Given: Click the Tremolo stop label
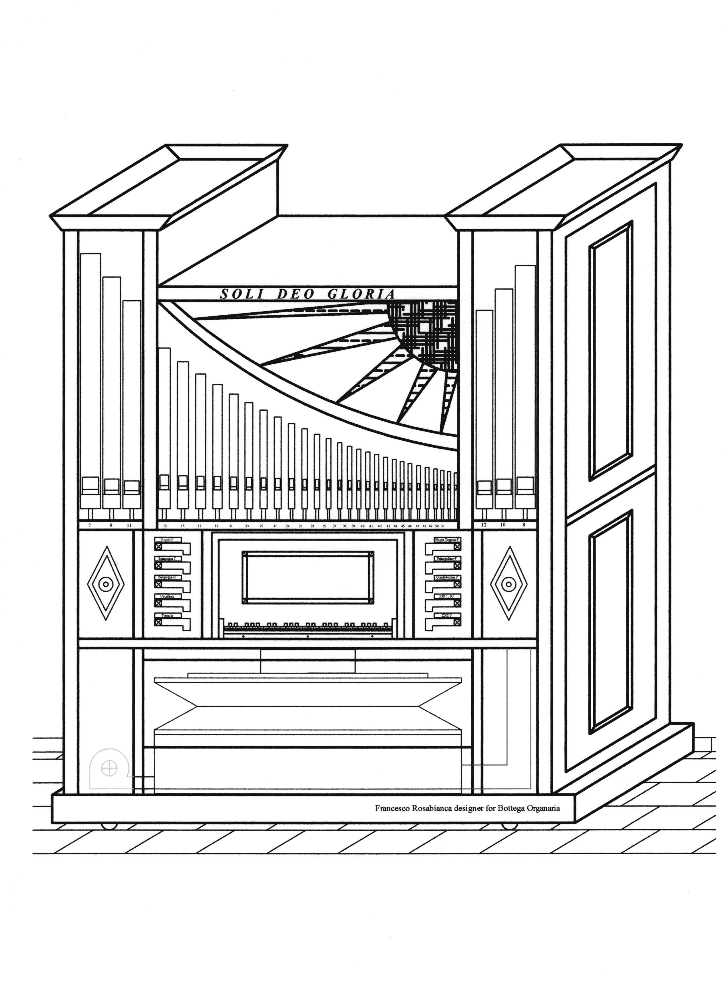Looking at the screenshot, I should point(167,615).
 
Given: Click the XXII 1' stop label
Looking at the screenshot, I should point(449,615).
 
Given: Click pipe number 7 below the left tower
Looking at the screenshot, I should point(90,526).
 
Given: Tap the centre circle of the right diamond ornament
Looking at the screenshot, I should point(509,584).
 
